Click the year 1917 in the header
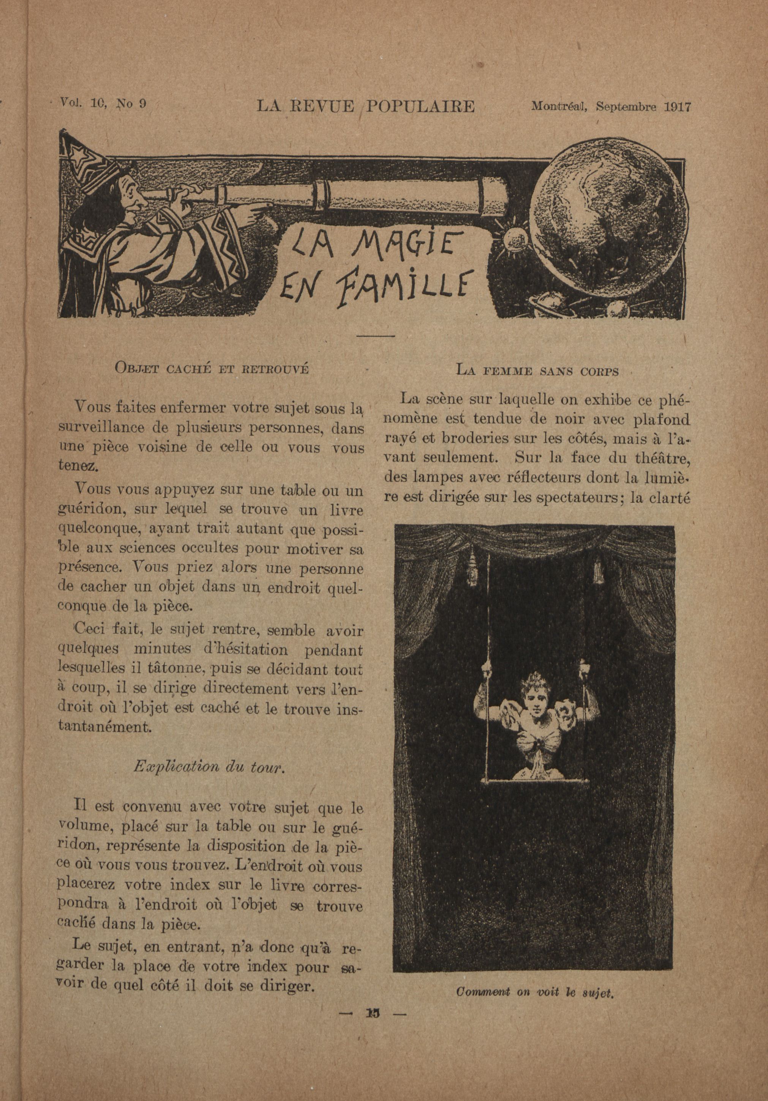tap(677, 106)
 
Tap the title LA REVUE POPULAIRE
tap(365, 106)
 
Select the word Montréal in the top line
tap(561, 106)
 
